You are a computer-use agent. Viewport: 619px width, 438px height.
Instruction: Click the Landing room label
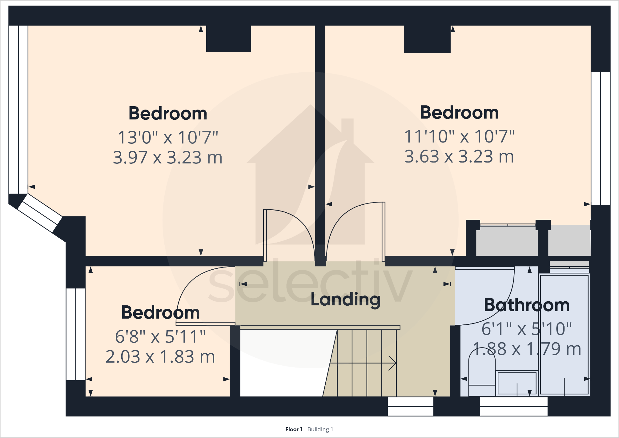(345, 300)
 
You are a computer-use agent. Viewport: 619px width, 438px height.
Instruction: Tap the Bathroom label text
(527, 305)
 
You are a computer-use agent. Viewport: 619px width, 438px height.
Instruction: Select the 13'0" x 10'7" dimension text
(168, 137)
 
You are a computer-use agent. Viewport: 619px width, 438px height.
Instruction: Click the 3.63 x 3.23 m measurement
(459, 156)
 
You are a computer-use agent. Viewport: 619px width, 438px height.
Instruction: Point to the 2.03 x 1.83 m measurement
(160, 357)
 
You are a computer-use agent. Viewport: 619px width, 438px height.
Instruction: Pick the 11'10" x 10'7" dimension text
(459, 136)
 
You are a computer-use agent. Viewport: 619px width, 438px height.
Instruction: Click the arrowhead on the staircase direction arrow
(393, 363)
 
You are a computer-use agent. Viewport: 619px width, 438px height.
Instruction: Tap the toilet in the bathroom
(482, 376)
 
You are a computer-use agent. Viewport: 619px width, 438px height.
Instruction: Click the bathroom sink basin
(517, 383)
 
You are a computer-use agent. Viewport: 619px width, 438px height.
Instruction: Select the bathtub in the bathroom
(564, 335)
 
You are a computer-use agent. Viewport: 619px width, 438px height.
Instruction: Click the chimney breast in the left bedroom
(228, 38)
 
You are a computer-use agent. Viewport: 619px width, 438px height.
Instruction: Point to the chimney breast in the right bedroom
(427, 39)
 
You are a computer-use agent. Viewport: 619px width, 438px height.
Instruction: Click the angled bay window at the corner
(40, 213)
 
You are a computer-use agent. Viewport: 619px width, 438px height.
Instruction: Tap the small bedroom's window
(75, 334)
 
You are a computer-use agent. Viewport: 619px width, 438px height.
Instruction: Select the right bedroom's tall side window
(600, 139)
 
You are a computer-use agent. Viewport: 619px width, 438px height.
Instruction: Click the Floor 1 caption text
(294, 429)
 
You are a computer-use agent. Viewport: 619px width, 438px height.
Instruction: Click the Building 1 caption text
(320, 429)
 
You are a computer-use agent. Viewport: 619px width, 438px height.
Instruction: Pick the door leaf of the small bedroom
(205, 323)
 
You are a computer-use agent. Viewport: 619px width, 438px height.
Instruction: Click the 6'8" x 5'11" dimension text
(160, 337)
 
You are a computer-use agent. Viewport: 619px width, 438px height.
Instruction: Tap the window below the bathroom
(513, 406)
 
